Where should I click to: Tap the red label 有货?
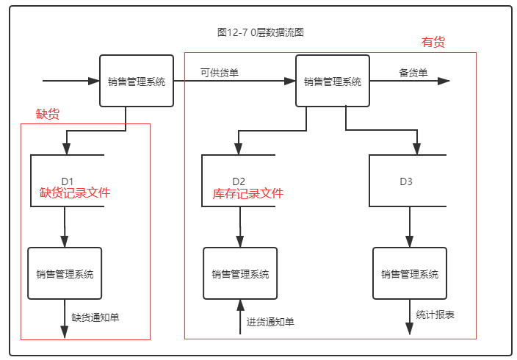tap(433, 43)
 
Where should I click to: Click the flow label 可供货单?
tap(220, 72)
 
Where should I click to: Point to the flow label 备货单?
tap(413, 72)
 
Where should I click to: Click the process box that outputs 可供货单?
tap(137, 82)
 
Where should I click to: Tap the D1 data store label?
tap(68, 181)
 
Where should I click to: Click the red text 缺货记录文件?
tap(75, 193)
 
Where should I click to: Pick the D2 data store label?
tap(239, 181)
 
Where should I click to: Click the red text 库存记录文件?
tap(247, 194)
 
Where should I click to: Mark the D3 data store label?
tap(407, 181)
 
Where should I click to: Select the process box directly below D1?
tap(65, 273)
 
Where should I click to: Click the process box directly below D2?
tap(240, 273)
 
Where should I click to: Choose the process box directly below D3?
tap(409, 273)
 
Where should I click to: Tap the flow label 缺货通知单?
tap(95, 318)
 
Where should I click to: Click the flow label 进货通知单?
tap(270, 322)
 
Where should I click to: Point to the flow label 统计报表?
tap(435, 314)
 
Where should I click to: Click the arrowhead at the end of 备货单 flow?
tap(444, 81)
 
